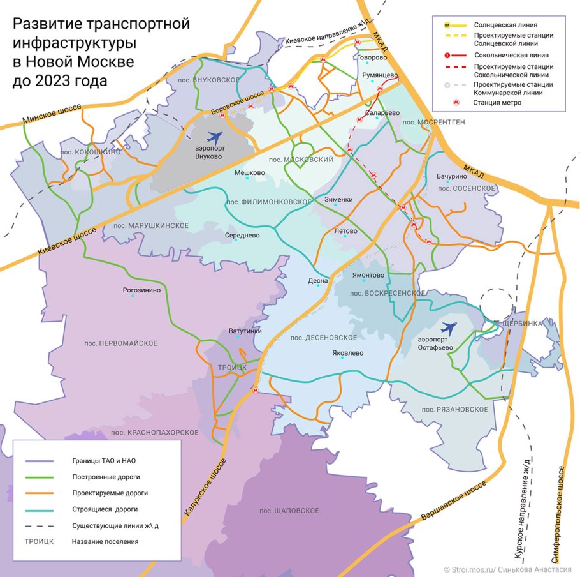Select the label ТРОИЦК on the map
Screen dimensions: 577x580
point(232,368)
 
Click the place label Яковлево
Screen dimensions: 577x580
point(347,352)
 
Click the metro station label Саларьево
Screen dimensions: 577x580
point(382,113)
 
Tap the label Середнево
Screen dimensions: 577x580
point(243,235)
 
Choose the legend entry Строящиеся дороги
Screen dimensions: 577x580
point(105,509)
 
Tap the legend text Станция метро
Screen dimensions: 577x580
point(497,102)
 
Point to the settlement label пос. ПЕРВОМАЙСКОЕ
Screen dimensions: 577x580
point(120,343)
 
